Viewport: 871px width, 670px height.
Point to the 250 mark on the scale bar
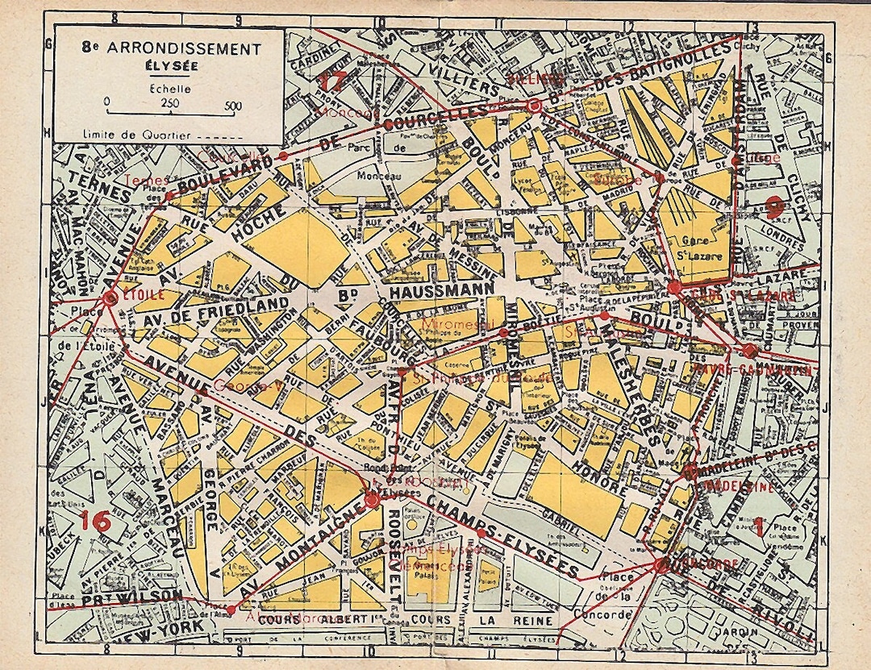[170, 104]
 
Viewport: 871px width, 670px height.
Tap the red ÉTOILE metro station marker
[110, 298]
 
